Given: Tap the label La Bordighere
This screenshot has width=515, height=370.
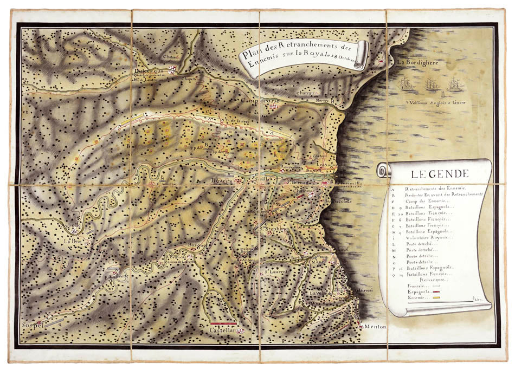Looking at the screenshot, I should click(x=417, y=62).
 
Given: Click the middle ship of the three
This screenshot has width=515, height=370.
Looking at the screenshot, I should click(x=432, y=84).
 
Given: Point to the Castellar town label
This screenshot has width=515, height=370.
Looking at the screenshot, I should click(x=223, y=330).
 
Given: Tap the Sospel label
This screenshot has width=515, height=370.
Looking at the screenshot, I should click(x=32, y=326).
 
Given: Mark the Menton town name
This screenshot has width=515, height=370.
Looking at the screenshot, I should click(x=374, y=327).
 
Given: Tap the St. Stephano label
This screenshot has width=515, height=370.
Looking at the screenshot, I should click(x=275, y=229).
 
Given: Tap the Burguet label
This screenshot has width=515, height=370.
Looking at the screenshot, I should click(x=197, y=245).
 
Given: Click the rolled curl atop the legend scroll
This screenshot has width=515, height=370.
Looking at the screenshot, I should click(x=384, y=171).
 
